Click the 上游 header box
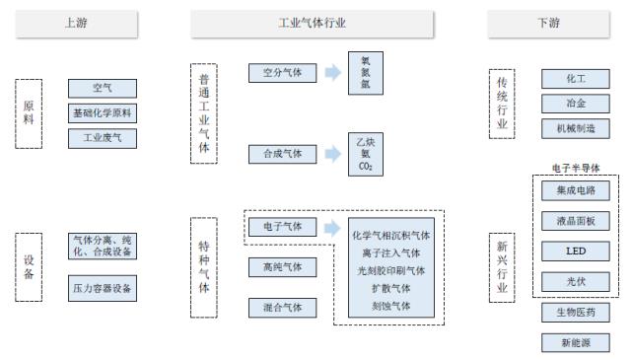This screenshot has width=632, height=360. click(76, 23)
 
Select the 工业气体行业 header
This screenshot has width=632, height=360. click(313, 23)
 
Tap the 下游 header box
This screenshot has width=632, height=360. click(548, 23)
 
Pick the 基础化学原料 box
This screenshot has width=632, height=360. click(103, 114)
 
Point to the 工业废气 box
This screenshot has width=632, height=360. click(103, 139)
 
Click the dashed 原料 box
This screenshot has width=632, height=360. click(30, 113)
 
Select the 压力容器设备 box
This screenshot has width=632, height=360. click(103, 289)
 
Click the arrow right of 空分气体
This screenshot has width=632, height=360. click(333, 73)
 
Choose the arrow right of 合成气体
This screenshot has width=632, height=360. click(333, 153)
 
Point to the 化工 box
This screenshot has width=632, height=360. click(576, 79)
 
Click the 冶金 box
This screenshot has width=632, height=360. click(576, 104)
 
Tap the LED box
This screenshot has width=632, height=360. click(576, 252)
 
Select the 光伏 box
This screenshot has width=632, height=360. click(576, 281)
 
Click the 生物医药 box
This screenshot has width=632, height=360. click(576, 313)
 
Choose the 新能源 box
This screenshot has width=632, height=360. click(576, 342)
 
